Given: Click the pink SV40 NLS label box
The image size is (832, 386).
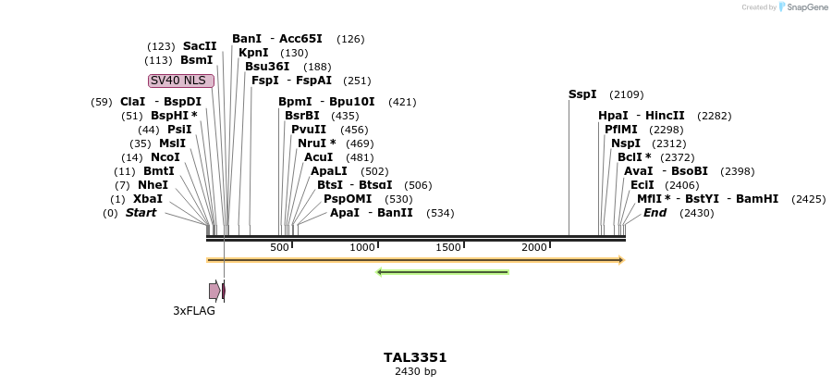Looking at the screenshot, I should (x=181, y=81).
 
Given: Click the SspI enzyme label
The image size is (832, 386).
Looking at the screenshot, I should (x=582, y=94).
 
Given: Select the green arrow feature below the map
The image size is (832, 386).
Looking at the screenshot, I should (x=443, y=272).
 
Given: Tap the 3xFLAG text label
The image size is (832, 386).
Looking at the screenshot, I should (x=194, y=311).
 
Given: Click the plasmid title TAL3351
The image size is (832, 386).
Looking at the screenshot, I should (x=415, y=357).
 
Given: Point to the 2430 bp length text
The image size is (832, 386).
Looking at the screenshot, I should (x=415, y=372).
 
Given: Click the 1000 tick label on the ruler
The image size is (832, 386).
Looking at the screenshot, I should (x=362, y=247).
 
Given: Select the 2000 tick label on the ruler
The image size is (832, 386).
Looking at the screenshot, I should (x=534, y=247).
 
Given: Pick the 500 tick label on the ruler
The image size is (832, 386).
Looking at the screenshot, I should (x=279, y=247).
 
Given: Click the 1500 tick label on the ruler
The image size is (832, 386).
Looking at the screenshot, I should (x=448, y=247).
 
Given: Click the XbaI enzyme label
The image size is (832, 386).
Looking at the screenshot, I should (x=148, y=199).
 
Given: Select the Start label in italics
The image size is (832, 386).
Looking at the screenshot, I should (x=141, y=213).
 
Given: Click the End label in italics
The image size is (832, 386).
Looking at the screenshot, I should (x=655, y=213).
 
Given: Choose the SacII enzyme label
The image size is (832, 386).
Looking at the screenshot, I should (x=200, y=46).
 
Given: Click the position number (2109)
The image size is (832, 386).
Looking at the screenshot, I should (x=627, y=94).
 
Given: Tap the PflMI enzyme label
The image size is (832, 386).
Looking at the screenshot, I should (x=621, y=130).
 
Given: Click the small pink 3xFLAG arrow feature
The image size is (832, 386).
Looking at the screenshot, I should (x=214, y=291).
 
